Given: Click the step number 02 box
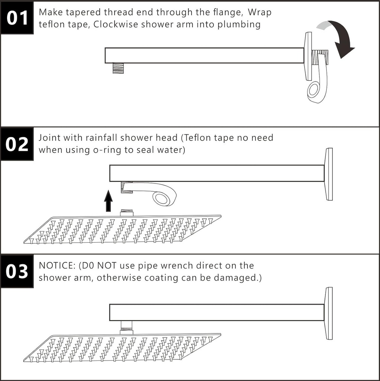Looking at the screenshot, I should tap(17, 144).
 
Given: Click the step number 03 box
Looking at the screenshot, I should tap(17, 272).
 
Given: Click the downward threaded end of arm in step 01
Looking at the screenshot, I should tap(118, 68).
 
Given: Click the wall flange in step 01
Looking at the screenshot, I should tap(308, 56).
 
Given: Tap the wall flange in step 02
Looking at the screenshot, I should tap(328, 174).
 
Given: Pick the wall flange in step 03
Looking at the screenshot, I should tap(328, 313).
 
